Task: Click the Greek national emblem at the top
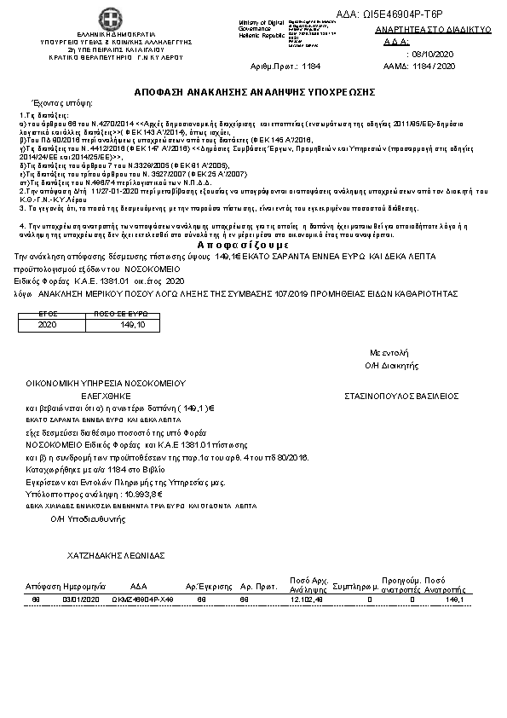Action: (x=108, y=19)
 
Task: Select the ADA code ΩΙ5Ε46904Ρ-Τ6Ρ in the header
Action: (x=427, y=14)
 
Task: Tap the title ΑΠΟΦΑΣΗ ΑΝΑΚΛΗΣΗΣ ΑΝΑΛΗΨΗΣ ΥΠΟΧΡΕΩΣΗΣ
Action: (x=255, y=90)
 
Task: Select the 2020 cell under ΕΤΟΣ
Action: (x=47, y=324)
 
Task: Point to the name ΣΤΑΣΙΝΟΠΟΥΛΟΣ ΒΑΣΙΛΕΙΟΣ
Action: (x=401, y=396)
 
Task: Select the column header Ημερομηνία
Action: (x=82, y=588)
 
